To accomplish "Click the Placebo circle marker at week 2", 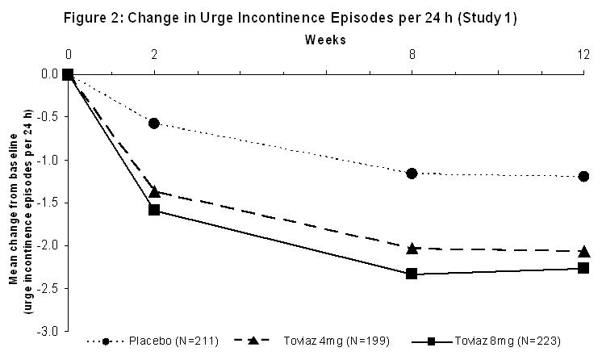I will tap(154, 123).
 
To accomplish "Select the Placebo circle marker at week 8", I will tap(412, 173).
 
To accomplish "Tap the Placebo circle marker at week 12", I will tap(583, 176).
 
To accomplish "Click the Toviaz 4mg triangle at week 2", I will tap(154, 191).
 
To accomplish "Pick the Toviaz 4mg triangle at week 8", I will tap(412, 248).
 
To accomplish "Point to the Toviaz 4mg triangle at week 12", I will tap(583, 251).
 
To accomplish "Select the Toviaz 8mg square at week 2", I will tap(154, 210).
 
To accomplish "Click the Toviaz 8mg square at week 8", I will tap(412, 274).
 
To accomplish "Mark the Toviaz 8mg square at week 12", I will tap(583, 267).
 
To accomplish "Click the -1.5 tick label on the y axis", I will tap(48, 203).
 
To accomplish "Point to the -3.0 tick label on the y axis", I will tap(48, 331).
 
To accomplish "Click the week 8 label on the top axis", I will tap(412, 55).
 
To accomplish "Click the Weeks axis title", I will tap(325, 39).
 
